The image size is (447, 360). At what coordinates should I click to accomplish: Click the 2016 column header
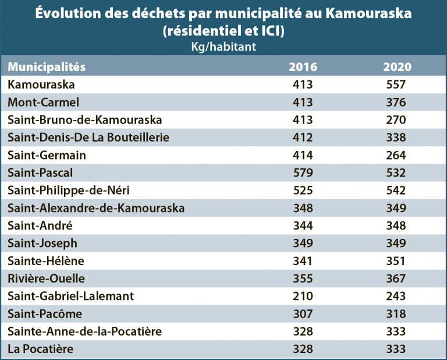click(303, 67)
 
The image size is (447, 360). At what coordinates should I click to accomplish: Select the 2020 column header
click(397, 67)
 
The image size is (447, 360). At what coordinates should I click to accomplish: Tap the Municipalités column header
click(47, 67)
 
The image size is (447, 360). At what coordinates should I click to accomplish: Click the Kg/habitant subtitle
click(223, 47)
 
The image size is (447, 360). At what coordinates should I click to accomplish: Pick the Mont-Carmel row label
click(44, 103)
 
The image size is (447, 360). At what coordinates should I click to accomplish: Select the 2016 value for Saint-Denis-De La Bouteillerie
click(303, 137)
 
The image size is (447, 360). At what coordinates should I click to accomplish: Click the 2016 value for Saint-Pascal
click(303, 173)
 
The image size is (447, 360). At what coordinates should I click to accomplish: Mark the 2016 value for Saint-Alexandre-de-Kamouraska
click(303, 208)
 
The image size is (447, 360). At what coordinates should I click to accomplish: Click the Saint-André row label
click(40, 226)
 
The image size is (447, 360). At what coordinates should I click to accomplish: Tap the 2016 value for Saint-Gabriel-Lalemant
click(303, 296)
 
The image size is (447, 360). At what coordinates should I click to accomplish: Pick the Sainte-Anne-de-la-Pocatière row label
click(84, 331)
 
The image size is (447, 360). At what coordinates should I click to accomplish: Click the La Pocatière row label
click(41, 349)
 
